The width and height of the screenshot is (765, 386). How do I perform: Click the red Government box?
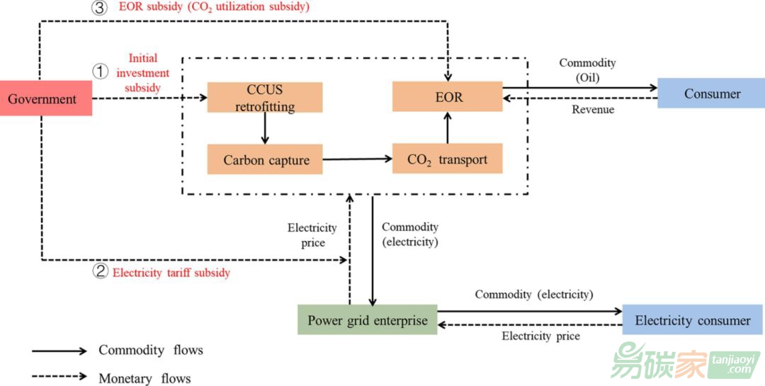tap(42, 98)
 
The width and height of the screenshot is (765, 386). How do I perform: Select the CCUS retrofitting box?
tap(265, 98)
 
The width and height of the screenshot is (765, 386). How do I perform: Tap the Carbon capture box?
tap(265, 159)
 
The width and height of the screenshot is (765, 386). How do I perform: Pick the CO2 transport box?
tap(447, 159)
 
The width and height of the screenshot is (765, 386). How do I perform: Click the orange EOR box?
tap(447, 96)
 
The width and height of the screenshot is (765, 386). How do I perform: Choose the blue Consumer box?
tap(711, 93)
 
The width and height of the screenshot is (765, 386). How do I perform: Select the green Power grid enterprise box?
tap(367, 320)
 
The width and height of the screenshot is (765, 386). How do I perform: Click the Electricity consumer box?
tap(692, 320)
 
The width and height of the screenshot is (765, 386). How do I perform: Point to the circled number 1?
tap(101, 72)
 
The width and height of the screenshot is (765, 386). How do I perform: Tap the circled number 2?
tap(101, 271)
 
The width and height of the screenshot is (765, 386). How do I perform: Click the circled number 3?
tap(101, 7)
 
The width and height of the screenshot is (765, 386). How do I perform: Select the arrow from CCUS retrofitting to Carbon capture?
tap(265, 128)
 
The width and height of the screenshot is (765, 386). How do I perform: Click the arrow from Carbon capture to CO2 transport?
tap(358, 159)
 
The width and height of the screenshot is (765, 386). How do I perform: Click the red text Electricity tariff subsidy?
tap(171, 272)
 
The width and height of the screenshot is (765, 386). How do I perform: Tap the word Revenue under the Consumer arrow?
tap(593, 110)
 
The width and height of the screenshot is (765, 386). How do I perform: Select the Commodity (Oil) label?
tap(587, 70)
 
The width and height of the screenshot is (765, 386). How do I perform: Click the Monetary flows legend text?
tap(144, 378)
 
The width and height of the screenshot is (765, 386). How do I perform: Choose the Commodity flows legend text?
tap(150, 350)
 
